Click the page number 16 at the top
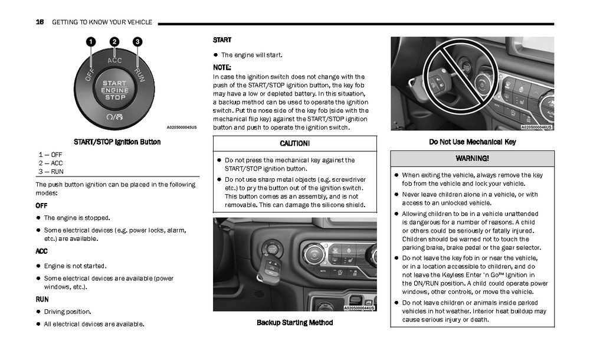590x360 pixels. (40, 22)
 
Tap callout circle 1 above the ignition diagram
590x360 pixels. (91, 41)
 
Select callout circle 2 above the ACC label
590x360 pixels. (114, 41)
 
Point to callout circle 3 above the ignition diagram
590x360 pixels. (137, 41)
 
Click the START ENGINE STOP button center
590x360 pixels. (114, 90)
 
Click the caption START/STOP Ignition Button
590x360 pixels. (117, 142)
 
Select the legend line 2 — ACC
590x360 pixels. (51, 163)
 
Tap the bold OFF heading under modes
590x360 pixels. (41, 205)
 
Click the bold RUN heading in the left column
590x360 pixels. (42, 299)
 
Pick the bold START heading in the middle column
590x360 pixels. (222, 40)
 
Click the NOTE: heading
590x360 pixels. (222, 67)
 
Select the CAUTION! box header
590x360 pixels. (294, 143)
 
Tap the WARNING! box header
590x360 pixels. (472, 159)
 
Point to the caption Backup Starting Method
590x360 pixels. (294, 323)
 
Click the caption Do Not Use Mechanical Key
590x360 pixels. (472, 142)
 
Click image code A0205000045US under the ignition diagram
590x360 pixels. (182, 127)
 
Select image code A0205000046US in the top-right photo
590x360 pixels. (536, 127)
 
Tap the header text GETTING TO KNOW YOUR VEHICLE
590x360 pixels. (102, 22)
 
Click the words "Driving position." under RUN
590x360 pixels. (68, 312)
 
